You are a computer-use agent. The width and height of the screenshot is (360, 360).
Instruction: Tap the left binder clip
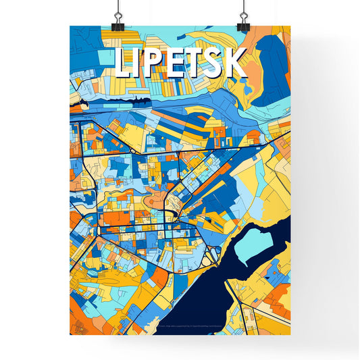point(118,20)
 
